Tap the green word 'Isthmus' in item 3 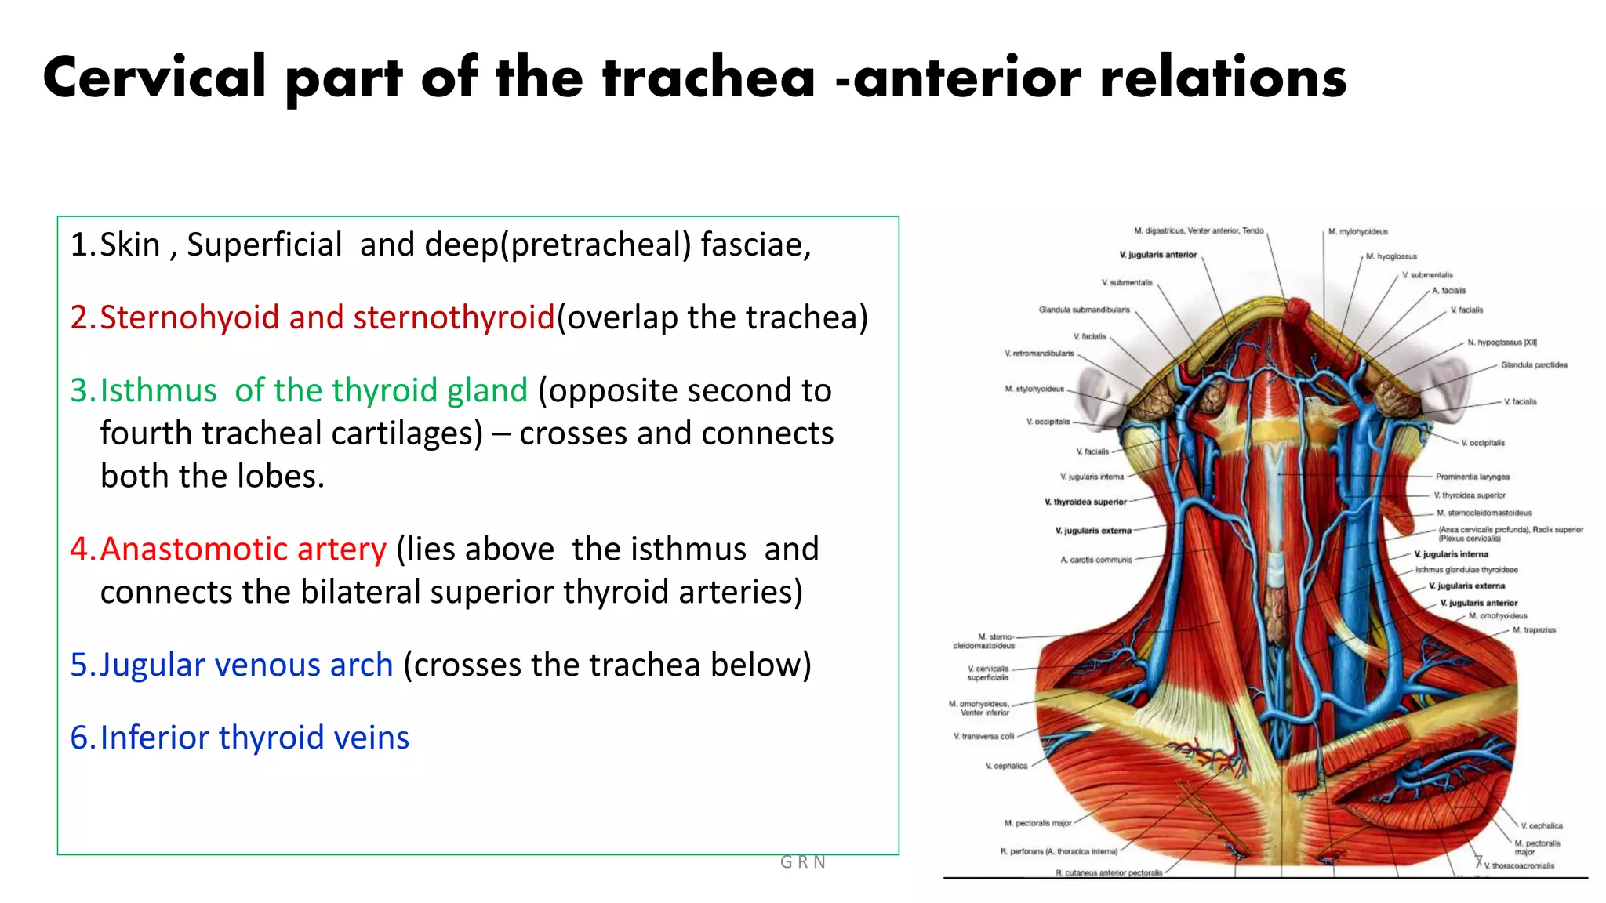pos(158,390)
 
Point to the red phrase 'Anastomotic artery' pos(243,549)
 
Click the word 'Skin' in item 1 pos(129,245)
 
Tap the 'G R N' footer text pos(802,862)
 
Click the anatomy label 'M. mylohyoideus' pos(1357,232)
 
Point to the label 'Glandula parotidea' pos(1534,365)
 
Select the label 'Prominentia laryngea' pos(1472,477)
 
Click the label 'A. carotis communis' pos(1095,560)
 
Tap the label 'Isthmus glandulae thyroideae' pos(1466,570)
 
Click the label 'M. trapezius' pos(1534,630)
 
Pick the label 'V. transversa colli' pos(983,736)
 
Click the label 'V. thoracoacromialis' pos(1518,865)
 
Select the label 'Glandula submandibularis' pos(1084,310)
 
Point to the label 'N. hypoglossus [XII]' pos(1502,343)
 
